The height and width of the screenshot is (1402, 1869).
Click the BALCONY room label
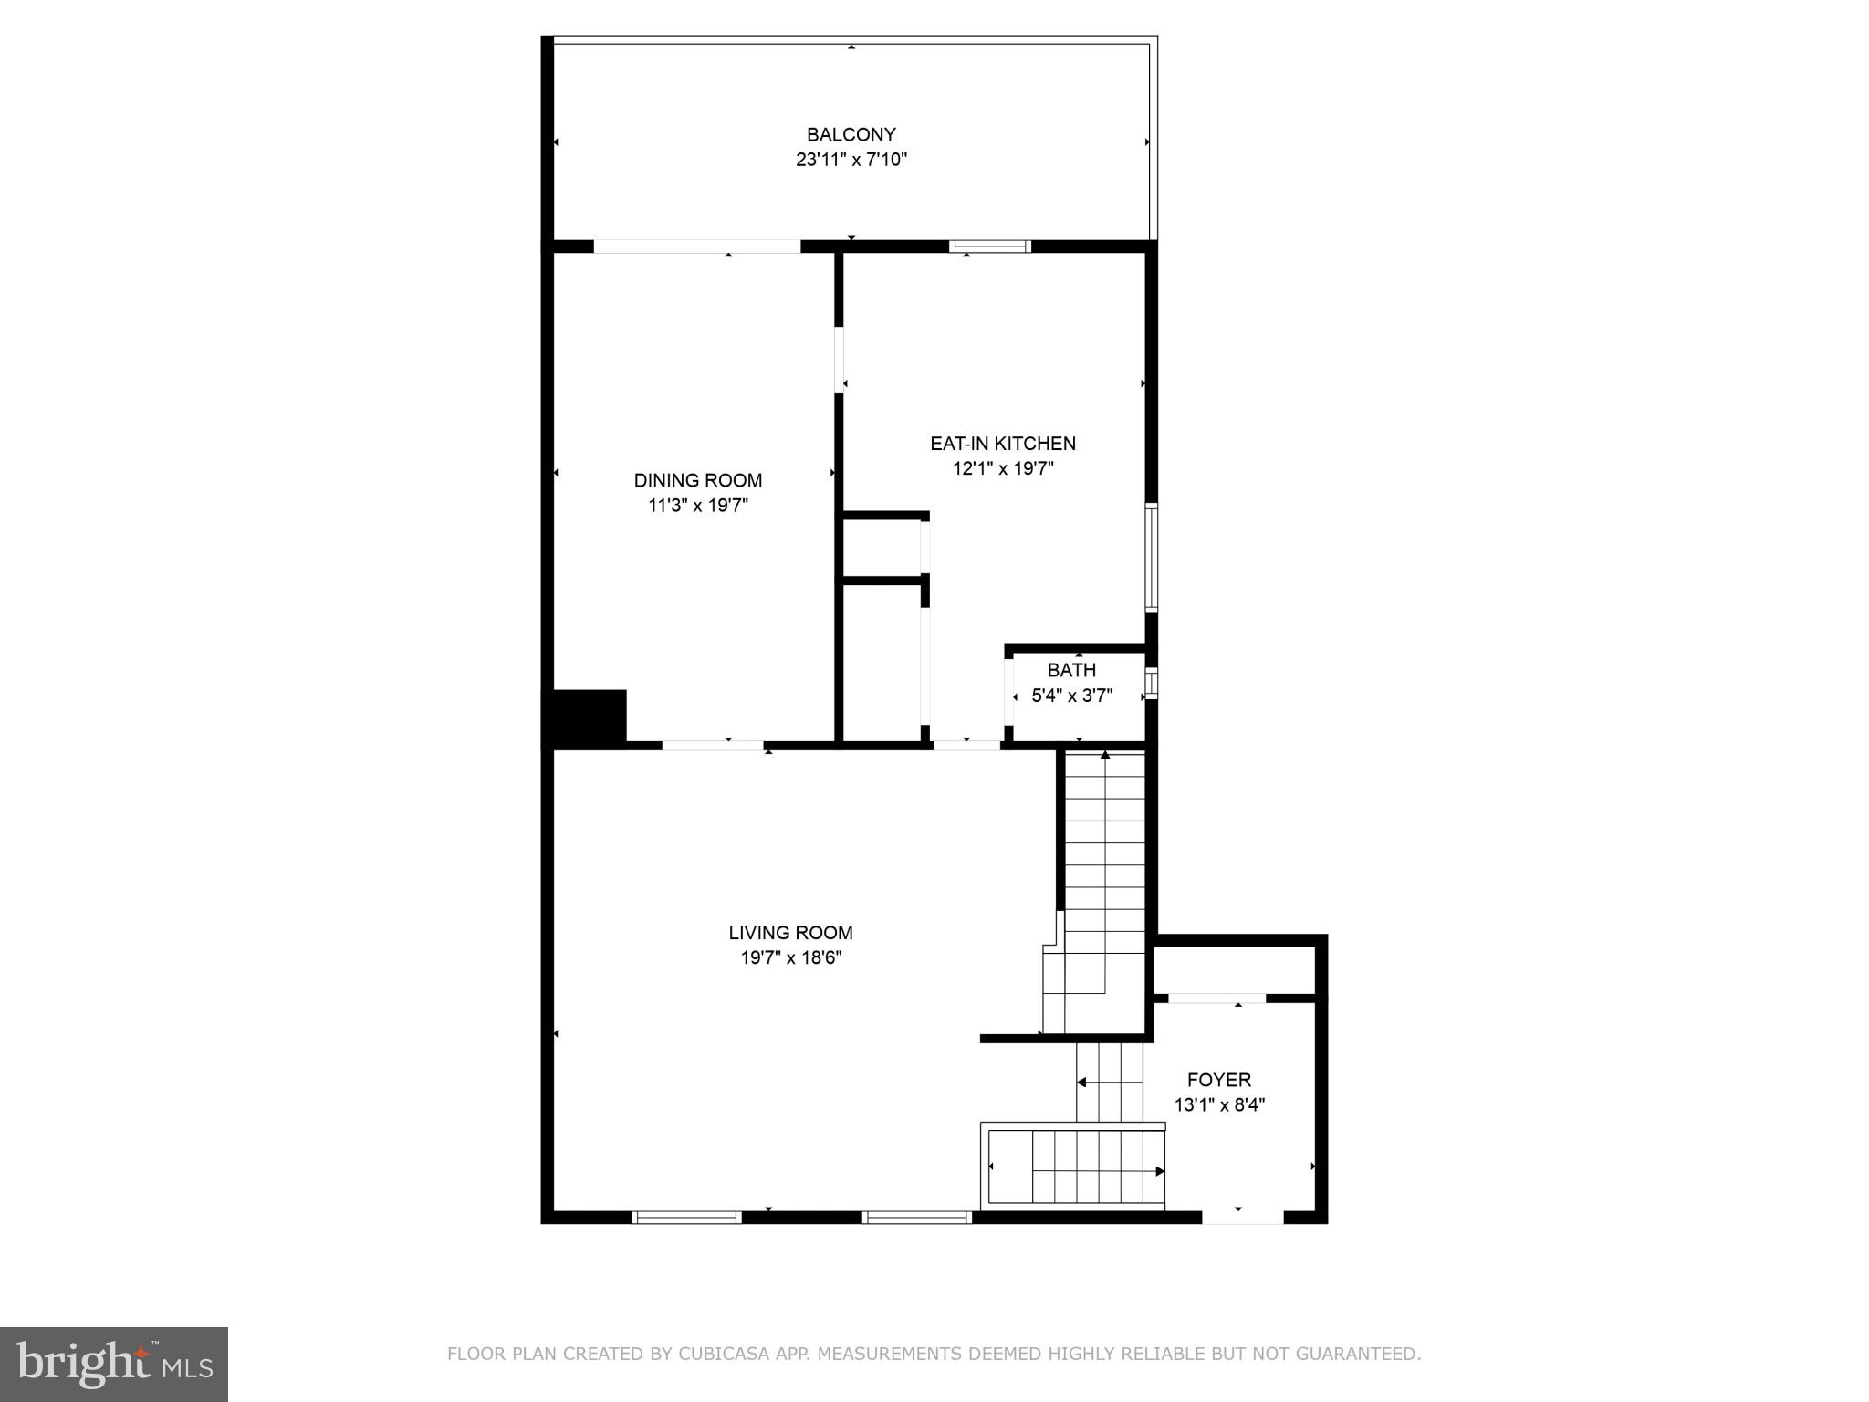pyautogui.click(x=851, y=135)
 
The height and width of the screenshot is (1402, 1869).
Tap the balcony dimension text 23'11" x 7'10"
pyautogui.click(x=851, y=160)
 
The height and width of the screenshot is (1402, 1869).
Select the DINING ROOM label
pyautogui.click(x=698, y=480)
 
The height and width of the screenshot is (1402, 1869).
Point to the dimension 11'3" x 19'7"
pyautogui.click(x=698, y=505)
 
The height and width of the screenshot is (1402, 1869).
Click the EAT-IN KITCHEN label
pyautogui.click(x=1003, y=444)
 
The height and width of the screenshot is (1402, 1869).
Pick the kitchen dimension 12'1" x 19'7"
pyautogui.click(x=1003, y=468)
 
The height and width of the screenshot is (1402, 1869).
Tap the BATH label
pyautogui.click(x=1071, y=670)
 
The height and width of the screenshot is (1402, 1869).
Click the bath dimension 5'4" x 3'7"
pyautogui.click(x=1071, y=696)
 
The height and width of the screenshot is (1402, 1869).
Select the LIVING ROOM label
pyautogui.click(x=790, y=933)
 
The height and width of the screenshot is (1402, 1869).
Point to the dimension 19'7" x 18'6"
pyautogui.click(x=790, y=957)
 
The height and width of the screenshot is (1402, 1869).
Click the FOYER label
pyautogui.click(x=1218, y=1080)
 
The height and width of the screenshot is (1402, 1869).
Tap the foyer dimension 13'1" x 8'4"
pyautogui.click(x=1218, y=1104)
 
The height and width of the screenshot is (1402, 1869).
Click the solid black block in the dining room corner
pyautogui.click(x=590, y=717)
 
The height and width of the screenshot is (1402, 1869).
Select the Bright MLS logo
pyautogui.click(x=114, y=1365)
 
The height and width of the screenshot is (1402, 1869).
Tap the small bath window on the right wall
pyautogui.click(x=1151, y=684)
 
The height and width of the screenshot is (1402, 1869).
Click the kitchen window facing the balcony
pyautogui.click(x=990, y=246)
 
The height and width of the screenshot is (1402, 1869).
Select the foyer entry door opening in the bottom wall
pyautogui.click(x=1242, y=1217)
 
